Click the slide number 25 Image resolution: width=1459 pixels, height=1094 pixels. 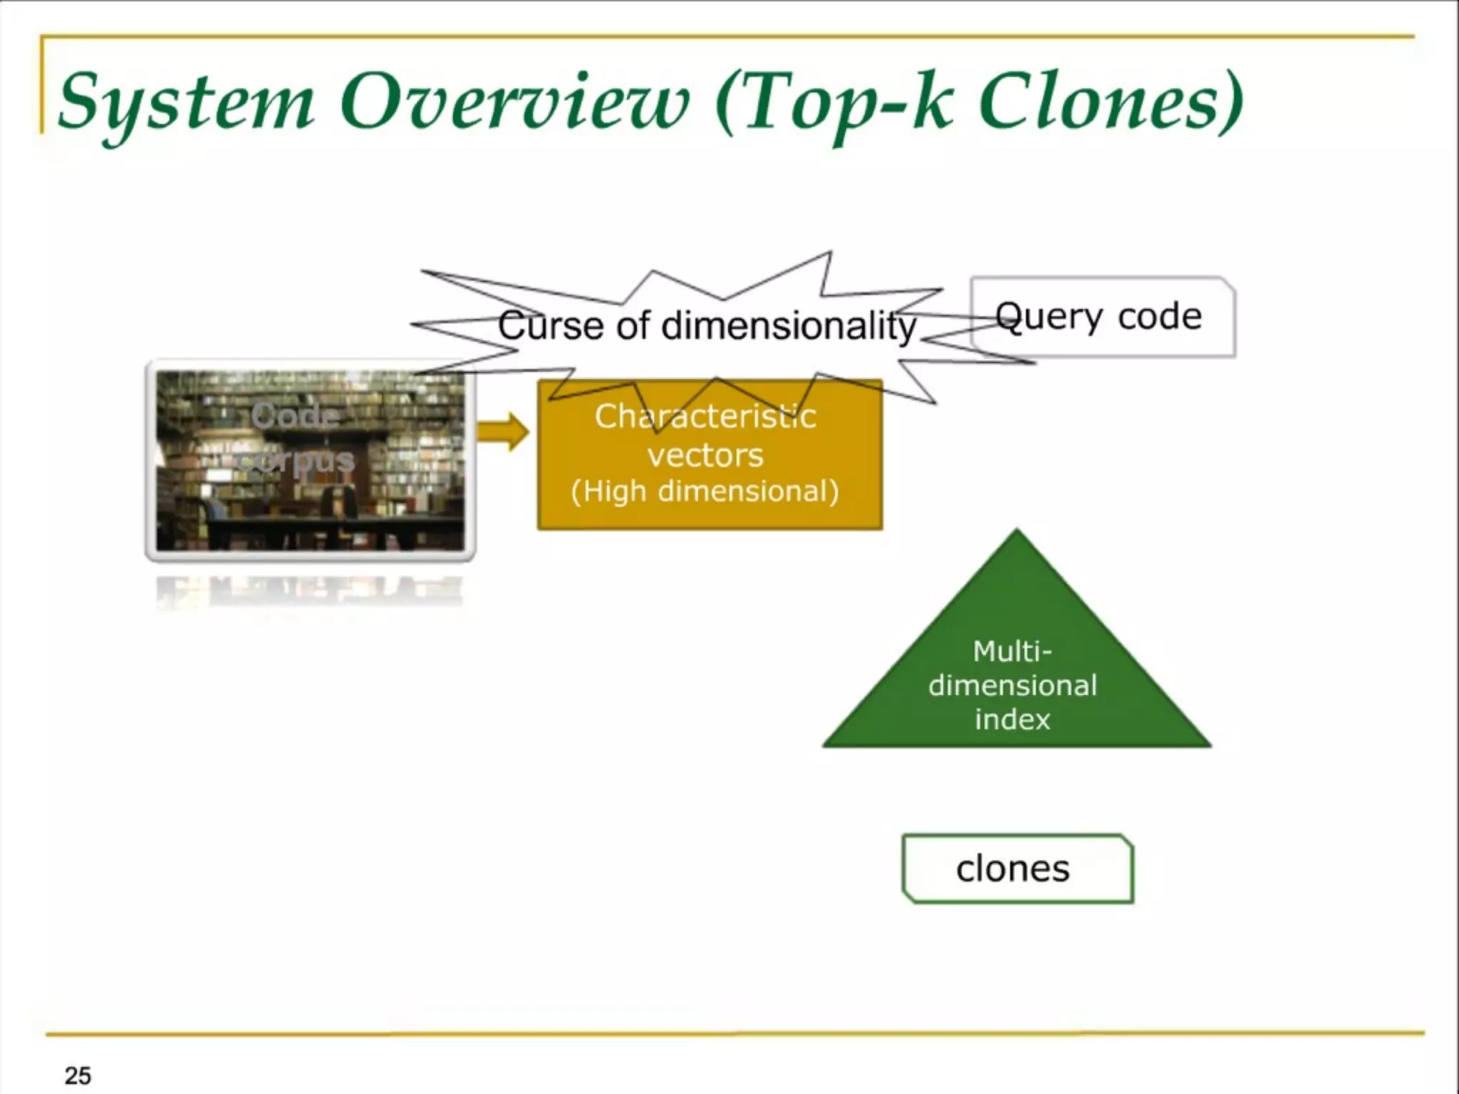[78, 1075]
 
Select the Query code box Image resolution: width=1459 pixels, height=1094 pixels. [1102, 317]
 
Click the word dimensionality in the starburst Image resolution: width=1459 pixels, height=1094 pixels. [789, 327]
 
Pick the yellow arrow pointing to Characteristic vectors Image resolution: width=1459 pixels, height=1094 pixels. [503, 432]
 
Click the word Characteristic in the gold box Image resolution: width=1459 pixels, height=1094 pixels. [705, 417]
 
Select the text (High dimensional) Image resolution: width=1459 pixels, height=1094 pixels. [705, 491]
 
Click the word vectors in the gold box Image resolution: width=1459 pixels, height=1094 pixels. [705, 455]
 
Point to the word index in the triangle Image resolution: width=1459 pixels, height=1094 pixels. [1012, 719]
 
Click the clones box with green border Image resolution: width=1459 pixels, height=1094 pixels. [1017, 869]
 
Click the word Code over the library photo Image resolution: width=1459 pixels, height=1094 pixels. [294, 415]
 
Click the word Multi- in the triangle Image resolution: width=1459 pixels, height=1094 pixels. [1012, 651]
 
